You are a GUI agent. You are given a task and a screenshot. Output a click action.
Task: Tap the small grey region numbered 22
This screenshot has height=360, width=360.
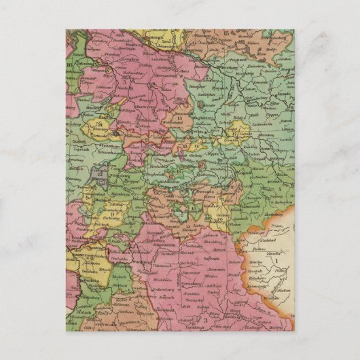pos(101,175)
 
